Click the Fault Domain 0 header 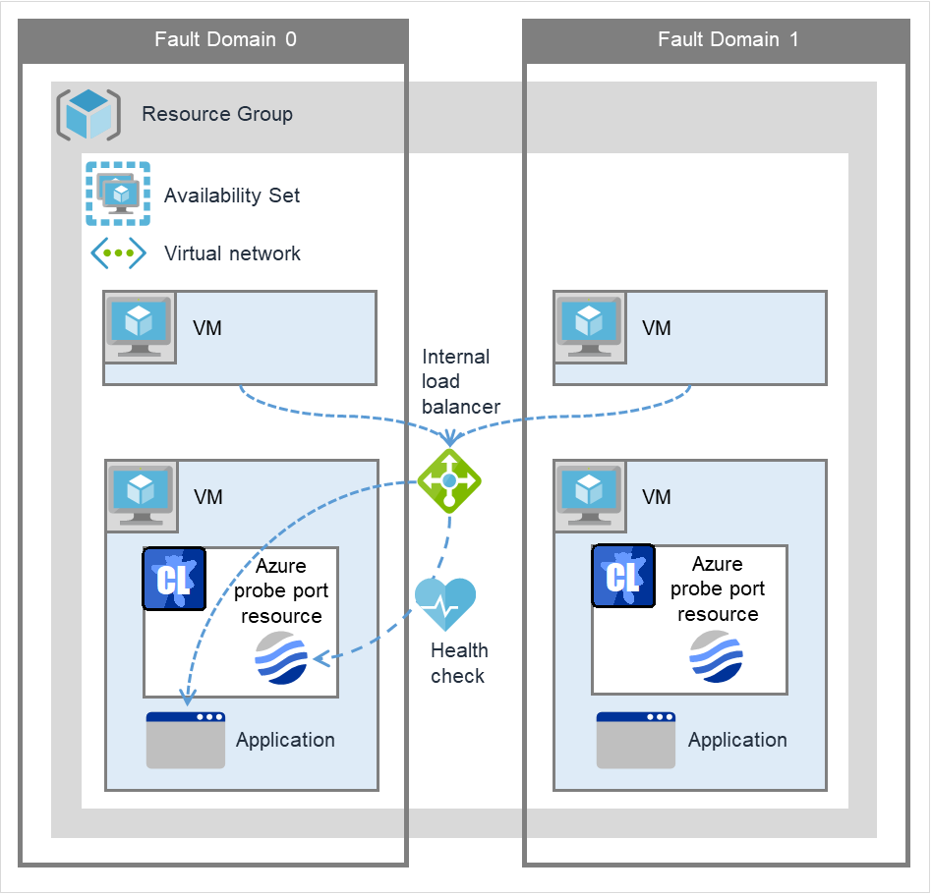pos(225,40)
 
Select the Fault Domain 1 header pos(728,40)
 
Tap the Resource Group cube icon pos(88,114)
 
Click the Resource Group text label pos(217,114)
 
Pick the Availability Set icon pos(118,194)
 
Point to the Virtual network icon pos(118,252)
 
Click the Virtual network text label pos(232,253)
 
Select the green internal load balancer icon pos(449,479)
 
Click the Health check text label pos(458,663)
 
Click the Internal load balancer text pos(460,381)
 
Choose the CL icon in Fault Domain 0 pos(174,580)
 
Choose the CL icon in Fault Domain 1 pos(623,577)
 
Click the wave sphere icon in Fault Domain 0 pos(281,659)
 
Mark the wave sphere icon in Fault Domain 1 pos(716,656)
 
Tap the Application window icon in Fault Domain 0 pos(185,740)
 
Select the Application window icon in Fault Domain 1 pos(635,740)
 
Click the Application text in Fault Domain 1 pos(737,740)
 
